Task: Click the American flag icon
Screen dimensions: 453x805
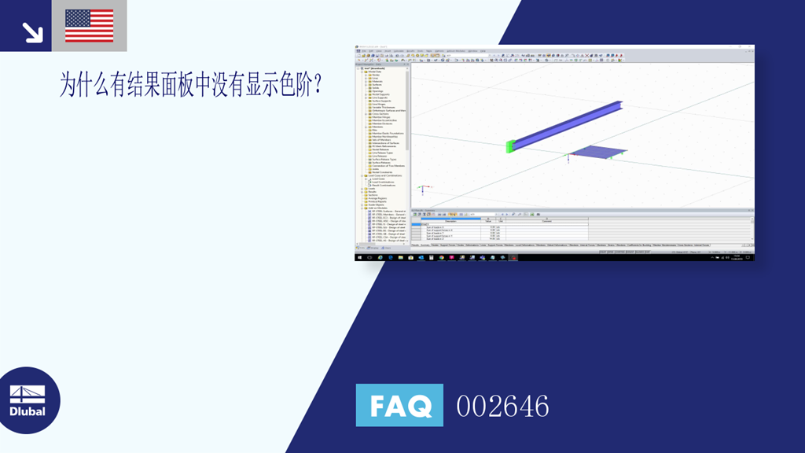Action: [89, 25]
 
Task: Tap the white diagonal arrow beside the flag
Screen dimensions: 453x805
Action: [32, 31]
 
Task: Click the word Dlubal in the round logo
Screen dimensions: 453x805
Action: [28, 411]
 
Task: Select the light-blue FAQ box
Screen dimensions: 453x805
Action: [399, 405]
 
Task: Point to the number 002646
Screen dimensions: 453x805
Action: [502, 406]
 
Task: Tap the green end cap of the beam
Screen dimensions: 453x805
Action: [511, 145]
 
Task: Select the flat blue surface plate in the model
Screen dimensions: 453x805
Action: [598, 152]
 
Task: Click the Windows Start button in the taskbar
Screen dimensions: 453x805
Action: [359, 257]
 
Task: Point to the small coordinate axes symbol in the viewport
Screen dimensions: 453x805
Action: [424, 189]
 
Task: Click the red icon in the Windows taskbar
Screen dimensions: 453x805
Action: [513, 257]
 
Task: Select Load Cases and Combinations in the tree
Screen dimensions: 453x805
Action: [385, 175]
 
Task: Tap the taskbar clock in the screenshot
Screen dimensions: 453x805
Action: [737, 257]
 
